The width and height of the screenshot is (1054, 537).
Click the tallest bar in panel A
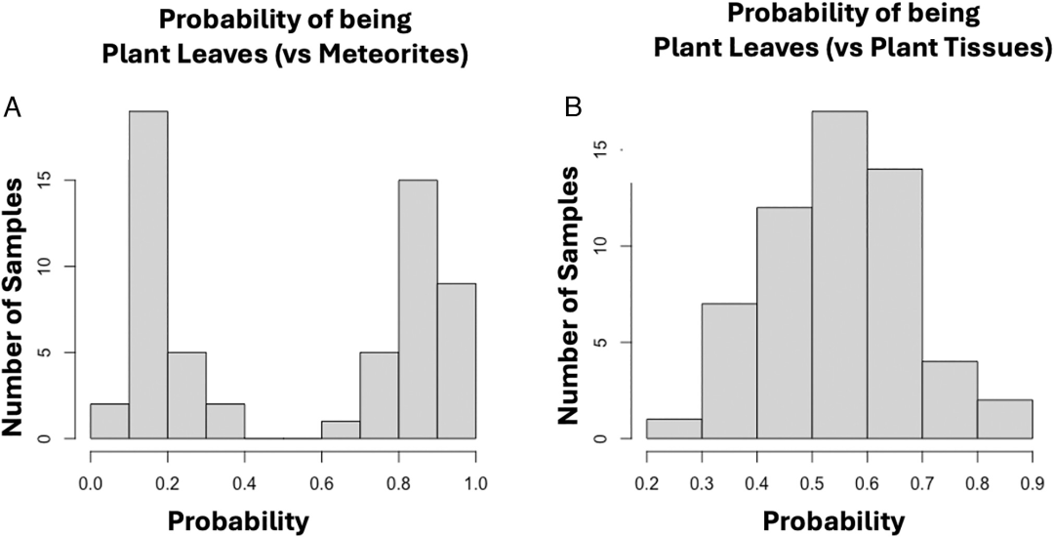pyautogui.click(x=148, y=274)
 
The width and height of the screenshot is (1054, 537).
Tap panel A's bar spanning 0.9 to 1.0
pyautogui.click(x=457, y=360)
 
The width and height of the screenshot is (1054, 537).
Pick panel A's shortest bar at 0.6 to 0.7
pyautogui.click(x=342, y=430)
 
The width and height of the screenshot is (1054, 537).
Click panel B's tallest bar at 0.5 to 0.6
pyautogui.click(x=839, y=274)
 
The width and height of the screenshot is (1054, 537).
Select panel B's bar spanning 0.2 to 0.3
pyautogui.click(x=672, y=429)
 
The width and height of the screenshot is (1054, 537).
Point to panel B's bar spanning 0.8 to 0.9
pyautogui.click(x=1005, y=419)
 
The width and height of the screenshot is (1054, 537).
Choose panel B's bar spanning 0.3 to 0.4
pyautogui.click(x=728, y=371)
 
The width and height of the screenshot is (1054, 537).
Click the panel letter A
pyautogui.click(x=14, y=106)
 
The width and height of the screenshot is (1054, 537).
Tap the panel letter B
pyautogui.click(x=574, y=106)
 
